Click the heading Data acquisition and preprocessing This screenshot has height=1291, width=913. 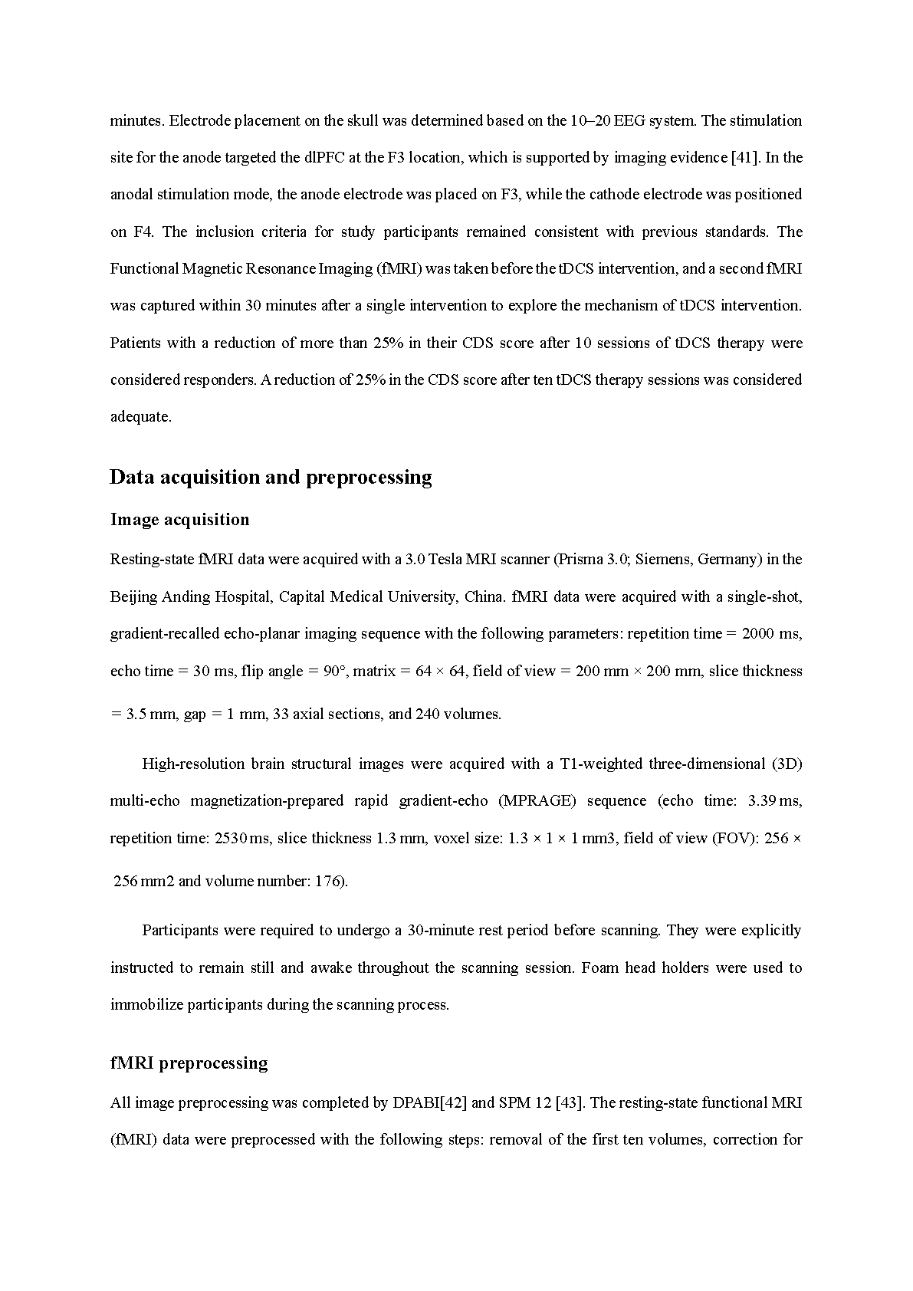tap(271, 478)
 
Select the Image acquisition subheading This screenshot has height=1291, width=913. tap(179, 520)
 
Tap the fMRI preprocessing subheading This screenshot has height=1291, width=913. tap(189, 1063)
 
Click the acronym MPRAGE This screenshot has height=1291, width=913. tap(537, 801)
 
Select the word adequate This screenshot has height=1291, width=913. tap(140, 418)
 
